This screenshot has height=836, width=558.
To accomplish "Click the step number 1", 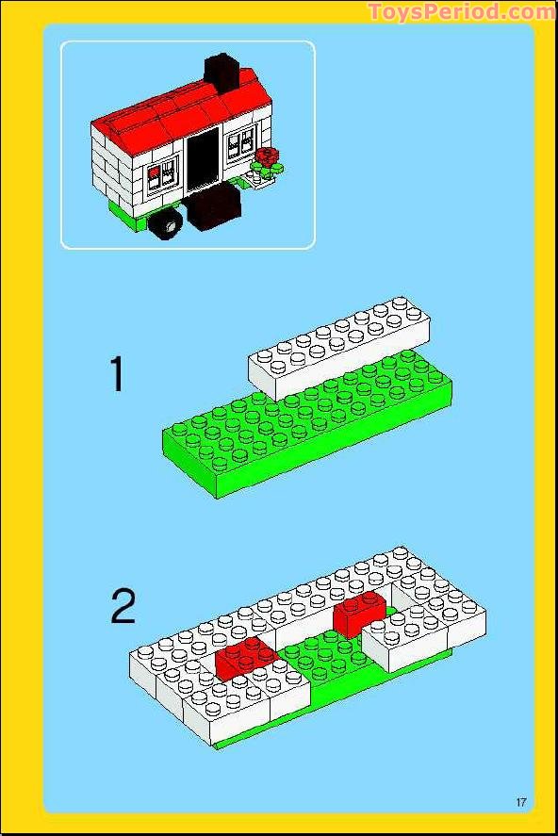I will (x=117, y=374).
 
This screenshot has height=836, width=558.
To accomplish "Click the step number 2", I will (x=123, y=607).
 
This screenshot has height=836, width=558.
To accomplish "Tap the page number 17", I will (x=521, y=802).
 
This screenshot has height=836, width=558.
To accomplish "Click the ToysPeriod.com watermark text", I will (x=462, y=12).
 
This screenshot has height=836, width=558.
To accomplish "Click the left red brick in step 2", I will (x=244, y=656).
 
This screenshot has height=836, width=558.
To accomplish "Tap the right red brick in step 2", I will (x=359, y=612).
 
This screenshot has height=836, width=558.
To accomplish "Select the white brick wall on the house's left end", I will (x=113, y=170).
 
